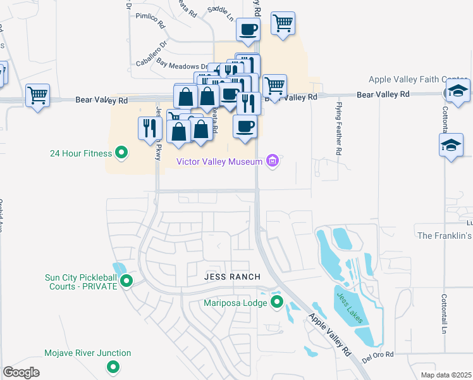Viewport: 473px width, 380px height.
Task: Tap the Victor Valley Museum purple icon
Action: pyautogui.click(x=273, y=161)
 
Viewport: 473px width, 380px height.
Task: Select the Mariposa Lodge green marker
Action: pyautogui.click(x=277, y=303)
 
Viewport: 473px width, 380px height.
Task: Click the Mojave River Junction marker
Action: pyautogui.click(x=113, y=366)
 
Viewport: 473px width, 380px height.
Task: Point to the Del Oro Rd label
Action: pyautogui.click(x=378, y=357)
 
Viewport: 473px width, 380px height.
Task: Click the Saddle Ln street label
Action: pyautogui.click(x=221, y=9)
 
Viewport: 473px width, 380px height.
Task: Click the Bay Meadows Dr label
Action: pyautogui.click(x=182, y=65)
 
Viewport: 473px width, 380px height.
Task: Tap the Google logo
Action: pyautogui.click(x=21, y=372)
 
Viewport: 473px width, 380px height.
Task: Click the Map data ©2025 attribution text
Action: pyautogui.click(x=445, y=375)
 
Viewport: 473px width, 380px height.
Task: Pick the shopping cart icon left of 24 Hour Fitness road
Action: pyautogui.click(x=37, y=96)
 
